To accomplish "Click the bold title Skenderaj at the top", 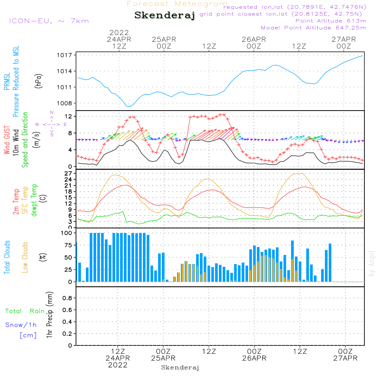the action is (165, 15).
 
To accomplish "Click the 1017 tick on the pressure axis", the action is (65, 55).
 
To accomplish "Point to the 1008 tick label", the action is (65, 103).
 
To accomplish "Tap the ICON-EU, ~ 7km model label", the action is (49, 21).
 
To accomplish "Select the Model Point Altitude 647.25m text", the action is (313, 28).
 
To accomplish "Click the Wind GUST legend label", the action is (7, 140).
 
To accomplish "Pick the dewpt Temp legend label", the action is (34, 200).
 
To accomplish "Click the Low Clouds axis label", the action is (25, 257).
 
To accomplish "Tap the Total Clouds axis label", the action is (7, 257).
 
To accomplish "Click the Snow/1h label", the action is (21, 325).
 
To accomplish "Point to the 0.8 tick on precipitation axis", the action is (68, 298).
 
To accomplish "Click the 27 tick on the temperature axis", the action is (68, 174).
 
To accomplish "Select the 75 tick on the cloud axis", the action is (68, 245).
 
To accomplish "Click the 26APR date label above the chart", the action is (254, 40).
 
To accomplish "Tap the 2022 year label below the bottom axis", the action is (118, 365).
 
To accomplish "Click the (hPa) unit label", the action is (38, 81).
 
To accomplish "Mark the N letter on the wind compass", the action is (52, 112).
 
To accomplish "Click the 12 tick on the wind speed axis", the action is (68, 116).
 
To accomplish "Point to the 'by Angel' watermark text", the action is (372, 263).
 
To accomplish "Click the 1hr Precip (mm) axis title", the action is (49, 315).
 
